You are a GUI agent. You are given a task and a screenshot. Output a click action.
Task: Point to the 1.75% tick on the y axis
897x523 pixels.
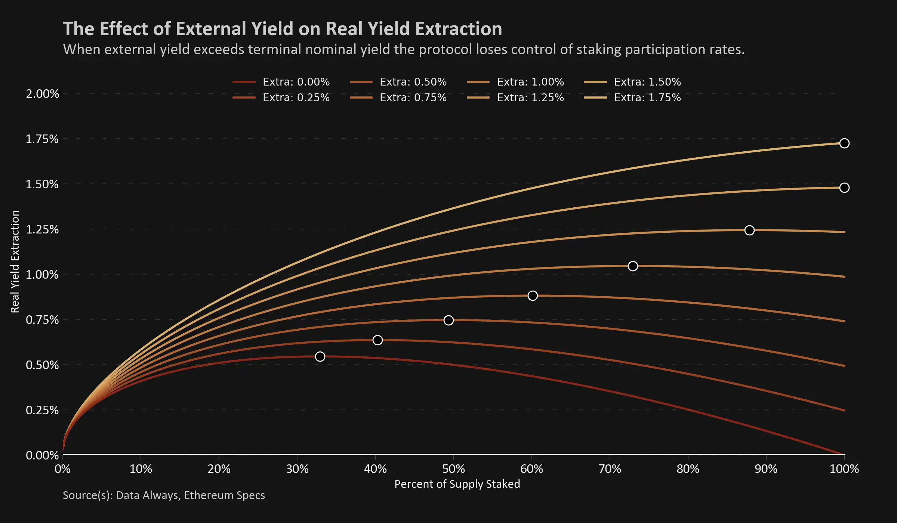click(x=42, y=139)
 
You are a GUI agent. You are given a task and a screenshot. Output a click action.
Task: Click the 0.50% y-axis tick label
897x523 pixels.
click(x=42, y=365)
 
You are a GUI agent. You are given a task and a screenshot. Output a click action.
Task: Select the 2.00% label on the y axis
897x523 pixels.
click(x=42, y=94)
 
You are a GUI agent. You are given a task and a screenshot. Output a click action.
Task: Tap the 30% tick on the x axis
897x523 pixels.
click(x=297, y=469)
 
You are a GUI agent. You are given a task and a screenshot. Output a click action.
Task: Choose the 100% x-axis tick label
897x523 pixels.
click(x=844, y=469)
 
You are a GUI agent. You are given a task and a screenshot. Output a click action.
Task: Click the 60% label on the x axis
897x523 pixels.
click(x=531, y=469)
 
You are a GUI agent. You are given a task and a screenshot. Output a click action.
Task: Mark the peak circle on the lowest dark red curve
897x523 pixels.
click(x=320, y=356)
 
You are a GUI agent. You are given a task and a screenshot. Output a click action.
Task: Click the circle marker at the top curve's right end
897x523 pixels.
click(x=844, y=143)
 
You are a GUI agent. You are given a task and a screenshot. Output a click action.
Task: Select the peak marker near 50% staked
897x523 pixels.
click(x=449, y=320)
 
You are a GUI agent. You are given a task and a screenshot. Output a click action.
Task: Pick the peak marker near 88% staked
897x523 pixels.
click(x=749, y=230)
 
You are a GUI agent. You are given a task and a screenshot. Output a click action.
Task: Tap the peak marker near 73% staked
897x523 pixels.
click(x=633, y=266)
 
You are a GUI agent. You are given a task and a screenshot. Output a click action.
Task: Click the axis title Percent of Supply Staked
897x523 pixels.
click(x=457, y=484)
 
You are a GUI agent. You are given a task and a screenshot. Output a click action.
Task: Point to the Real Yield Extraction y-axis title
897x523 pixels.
click(x=15, y=261)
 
